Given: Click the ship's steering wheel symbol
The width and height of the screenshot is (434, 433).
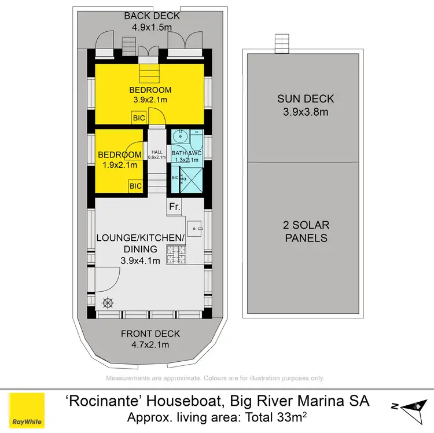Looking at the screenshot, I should [x=108, y=302].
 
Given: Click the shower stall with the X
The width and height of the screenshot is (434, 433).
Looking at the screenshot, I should [x=190, y=179].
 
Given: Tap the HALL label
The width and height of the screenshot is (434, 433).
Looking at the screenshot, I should [x=157, y=151].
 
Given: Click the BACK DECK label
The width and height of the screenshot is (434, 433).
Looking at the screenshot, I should [x=152, y=16].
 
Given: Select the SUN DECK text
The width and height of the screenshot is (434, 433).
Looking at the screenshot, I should [x=305, y=99].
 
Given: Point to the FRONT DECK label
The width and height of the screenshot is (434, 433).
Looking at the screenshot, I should [x=150, y=333].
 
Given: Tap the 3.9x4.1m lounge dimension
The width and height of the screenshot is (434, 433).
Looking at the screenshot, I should [x=141, y=261].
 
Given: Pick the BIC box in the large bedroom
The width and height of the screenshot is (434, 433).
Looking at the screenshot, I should [x=139, y=118].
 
